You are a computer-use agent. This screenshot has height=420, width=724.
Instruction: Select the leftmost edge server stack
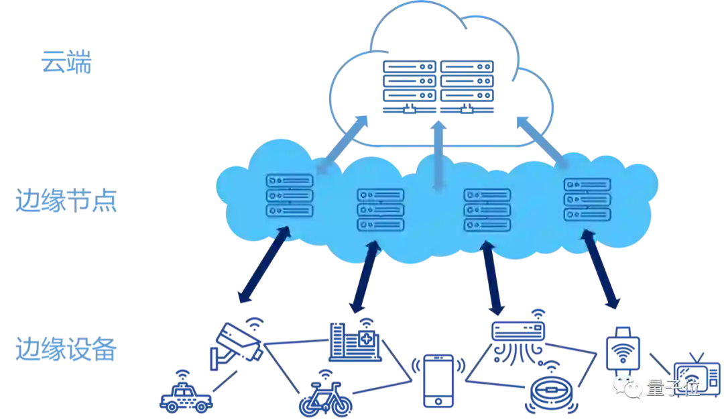(x=290, y=195)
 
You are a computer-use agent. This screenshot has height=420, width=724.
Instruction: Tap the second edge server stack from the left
(x=381, y=209)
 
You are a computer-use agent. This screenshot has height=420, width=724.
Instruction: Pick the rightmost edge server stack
(x=587, y=199)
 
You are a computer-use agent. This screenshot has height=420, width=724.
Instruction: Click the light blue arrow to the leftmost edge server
(x=343, y=142)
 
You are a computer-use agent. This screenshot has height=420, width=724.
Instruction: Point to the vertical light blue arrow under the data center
(x=438, y=158)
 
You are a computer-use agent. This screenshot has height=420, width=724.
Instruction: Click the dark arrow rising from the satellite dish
(x=263, y=264)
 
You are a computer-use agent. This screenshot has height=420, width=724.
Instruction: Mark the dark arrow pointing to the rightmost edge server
(x=602, y=269)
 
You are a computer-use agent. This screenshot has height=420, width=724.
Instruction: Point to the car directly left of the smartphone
(x=325, y=397)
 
